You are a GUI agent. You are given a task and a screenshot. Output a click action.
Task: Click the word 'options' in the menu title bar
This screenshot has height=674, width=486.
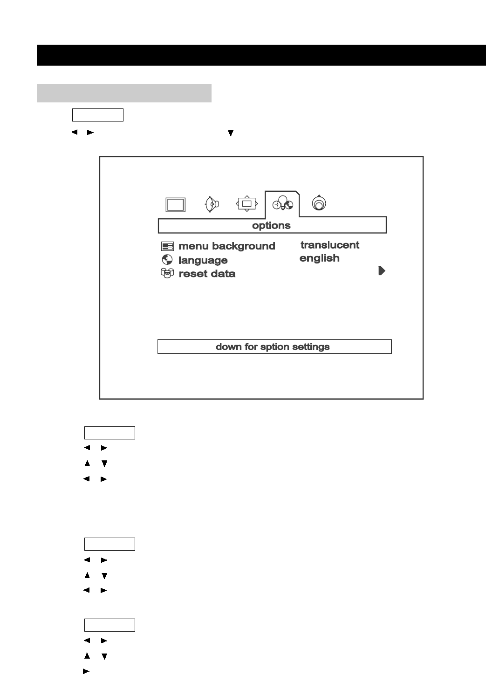(x=271, y=226)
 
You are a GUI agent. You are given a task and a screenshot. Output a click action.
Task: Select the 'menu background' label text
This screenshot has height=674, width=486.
(x=226, y=246)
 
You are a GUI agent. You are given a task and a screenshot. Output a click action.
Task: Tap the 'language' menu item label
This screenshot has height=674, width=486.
(x=203, y=261)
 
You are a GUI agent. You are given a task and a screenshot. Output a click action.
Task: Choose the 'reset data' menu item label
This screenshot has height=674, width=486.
(x=207, y=274)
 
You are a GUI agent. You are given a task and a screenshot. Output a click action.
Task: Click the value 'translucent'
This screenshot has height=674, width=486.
(x=329, y=245)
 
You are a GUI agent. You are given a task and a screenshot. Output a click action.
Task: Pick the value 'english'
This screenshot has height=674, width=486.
(x=319, y=258)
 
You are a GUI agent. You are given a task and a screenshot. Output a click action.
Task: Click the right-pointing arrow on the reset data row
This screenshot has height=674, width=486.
(x=382, y=271)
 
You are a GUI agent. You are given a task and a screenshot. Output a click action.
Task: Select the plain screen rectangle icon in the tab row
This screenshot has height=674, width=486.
(x=176, y=204)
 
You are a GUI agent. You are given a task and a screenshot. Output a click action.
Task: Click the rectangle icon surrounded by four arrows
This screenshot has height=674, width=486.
(x=247, y=203)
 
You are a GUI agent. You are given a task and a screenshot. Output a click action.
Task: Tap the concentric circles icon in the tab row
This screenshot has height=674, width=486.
(x=319, y=203)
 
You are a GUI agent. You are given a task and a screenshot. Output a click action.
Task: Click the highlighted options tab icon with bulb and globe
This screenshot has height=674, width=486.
(x=283, y=204)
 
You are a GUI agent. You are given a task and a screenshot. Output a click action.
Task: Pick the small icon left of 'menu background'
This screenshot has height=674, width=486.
(x=167, y=247)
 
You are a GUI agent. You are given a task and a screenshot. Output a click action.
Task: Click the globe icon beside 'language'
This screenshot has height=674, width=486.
(x=167, y=260)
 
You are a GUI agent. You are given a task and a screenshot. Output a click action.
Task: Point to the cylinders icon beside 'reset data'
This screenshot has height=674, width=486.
(x=167, y=273)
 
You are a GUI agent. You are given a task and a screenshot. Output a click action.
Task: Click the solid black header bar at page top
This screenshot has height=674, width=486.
(x=261, y=55)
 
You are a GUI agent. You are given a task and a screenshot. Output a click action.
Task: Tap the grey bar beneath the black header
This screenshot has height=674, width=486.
(x=124, y=93)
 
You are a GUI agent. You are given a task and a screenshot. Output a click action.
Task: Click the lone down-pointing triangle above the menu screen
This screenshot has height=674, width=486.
(x=230, y=133)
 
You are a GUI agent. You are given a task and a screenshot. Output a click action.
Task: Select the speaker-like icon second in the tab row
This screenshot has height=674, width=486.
(x=212, y=204)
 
